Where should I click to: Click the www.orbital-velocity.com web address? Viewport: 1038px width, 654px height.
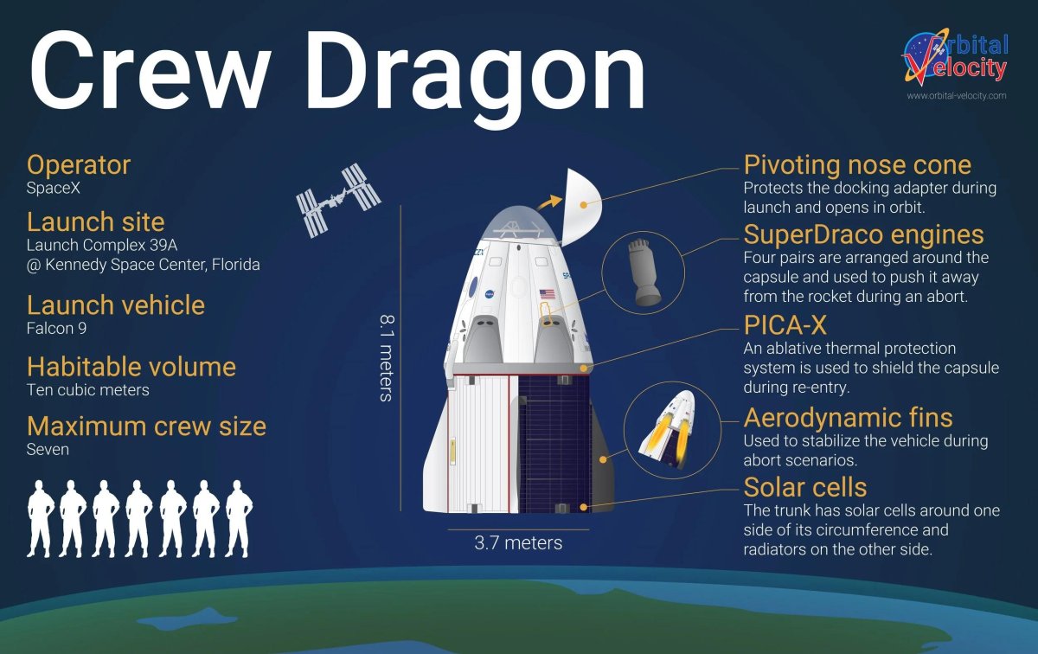point(956,96)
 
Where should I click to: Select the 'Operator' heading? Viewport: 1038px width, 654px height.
point(79,164)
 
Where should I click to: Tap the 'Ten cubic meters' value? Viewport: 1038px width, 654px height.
point(88,389)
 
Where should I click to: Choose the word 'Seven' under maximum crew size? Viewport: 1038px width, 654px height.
point(48,450)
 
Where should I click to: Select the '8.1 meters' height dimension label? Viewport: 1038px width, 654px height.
point(386,356)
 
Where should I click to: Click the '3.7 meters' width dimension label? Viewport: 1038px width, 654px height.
point(518,543)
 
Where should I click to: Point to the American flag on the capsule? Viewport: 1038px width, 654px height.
point(548,294)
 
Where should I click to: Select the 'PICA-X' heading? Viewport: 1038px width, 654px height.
point(784,325)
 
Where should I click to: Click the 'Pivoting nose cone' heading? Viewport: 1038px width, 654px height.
point(857,164)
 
